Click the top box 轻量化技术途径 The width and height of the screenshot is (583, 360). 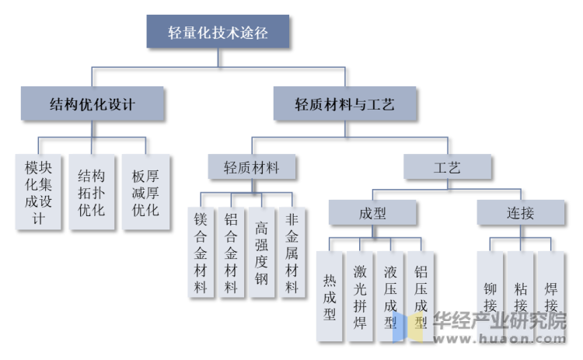click(x=218, y=32)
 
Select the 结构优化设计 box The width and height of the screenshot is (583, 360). click(x=92, y=103)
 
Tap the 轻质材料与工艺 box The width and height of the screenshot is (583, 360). click(x=344, y=103)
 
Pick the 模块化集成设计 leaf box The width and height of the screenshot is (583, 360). click(x=38, y=192)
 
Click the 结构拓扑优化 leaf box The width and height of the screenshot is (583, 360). click(x=92, y=192)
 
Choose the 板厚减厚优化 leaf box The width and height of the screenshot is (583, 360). click(x=146, y=192)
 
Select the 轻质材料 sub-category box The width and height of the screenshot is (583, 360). click(x=252, y=167)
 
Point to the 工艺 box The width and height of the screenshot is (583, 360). click(x=447, y=167)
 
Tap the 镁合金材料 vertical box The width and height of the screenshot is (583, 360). click(x=201, y=253)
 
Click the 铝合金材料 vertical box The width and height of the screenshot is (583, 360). click(x=232, y=253)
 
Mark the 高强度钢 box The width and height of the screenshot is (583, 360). click(x=262, y=253)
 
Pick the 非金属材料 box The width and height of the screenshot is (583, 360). click(x=292, y=253)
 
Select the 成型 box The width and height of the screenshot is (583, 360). click(x=372, y=212)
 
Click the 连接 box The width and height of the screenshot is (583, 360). click(x=521, y=212)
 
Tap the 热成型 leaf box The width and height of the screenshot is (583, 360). click(x=330, y=296)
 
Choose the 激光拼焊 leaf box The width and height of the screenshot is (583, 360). click(x=360, y=296)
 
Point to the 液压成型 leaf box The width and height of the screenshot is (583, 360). click(x=390, y=296)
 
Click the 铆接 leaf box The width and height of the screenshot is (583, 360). click(x=490, y=296)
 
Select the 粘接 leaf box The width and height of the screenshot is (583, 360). click(x=521, y=296)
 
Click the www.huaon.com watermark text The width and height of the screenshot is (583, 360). click(x=499, y=338)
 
